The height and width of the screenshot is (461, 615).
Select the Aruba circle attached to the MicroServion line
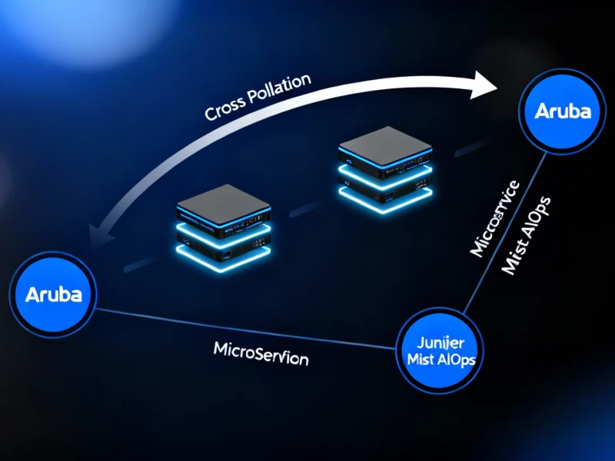coord(53,294)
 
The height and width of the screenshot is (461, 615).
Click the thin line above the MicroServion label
coord(246,327)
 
